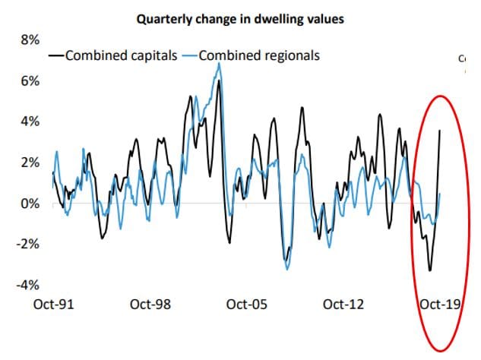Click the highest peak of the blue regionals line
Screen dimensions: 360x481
tap(220, 64)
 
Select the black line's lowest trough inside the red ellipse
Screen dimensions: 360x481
tap(430, 270)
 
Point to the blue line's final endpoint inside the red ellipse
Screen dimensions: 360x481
tap(441, 194)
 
